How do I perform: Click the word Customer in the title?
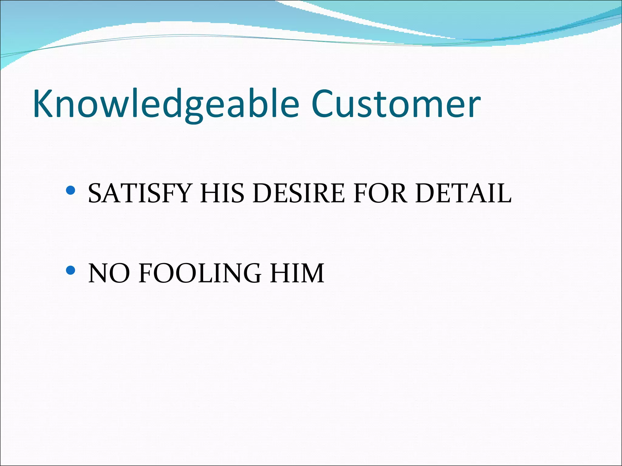click(396, 104)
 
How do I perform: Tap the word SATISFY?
click(139, 194)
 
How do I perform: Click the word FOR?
click(380, 194)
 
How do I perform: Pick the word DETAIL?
click(463, 194)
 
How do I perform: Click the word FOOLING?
click(200, 273)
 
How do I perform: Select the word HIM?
click(297, 273)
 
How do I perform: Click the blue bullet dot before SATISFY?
click(70, 191)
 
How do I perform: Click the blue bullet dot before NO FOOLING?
click(70, 270)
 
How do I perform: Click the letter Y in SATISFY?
click(181, 194)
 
